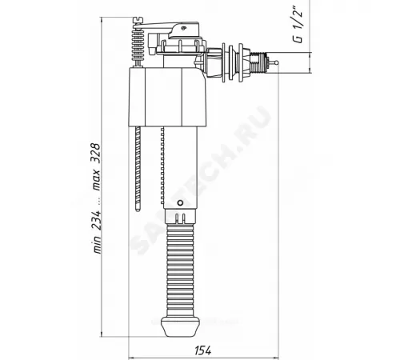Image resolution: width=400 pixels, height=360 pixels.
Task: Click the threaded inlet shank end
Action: pyautogui.click(x=256, y=58)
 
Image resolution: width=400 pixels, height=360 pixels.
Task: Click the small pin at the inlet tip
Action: pyautogui.click(x=271, y=58)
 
